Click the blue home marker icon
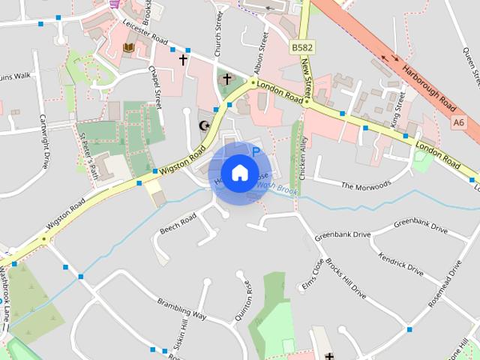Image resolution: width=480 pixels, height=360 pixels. (x=238, y=173)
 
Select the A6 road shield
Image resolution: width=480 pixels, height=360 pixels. (x=458, y=121)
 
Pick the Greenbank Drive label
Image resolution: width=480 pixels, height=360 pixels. (x=343, y=235)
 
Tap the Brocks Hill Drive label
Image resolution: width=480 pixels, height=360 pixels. (x=346, y=281)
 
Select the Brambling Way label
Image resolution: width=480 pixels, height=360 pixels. (x=181, y=308)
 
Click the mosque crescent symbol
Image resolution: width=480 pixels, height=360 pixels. (x=201, y=124)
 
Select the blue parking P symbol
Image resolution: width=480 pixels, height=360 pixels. (x=256, y=151)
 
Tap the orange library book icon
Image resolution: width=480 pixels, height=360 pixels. (x=128, y=48)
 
